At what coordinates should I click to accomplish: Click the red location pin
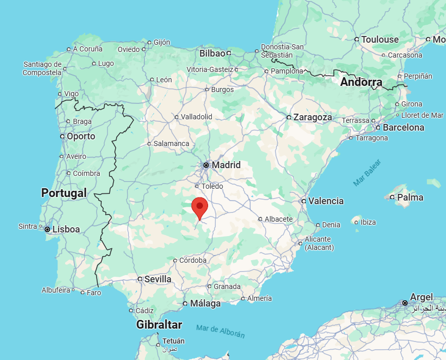point(199,207)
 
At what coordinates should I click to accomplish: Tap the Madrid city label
point(226,165)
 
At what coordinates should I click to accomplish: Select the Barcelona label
point(403,128)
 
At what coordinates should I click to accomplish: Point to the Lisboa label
point(66,229)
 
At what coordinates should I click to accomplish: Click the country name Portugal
point(64,193)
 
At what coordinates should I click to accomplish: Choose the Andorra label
point(361,82)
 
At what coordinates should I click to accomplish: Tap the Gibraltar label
point(159,325)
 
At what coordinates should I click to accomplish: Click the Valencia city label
point(326,201)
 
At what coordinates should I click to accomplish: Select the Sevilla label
point(158,279)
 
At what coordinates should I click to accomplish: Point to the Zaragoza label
point(312,117)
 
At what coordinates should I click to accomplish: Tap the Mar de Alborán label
point(220,331)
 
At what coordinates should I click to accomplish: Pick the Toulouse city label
point(380,40)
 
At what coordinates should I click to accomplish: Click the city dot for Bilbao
point(229,53)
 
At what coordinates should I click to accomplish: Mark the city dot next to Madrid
point(206,165)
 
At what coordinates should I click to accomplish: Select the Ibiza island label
point(368,222)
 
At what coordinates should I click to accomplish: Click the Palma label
point(410,197)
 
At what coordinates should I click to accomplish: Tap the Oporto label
point(81,136)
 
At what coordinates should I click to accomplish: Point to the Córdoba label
point(193,260)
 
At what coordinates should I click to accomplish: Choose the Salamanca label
point(171,143)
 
